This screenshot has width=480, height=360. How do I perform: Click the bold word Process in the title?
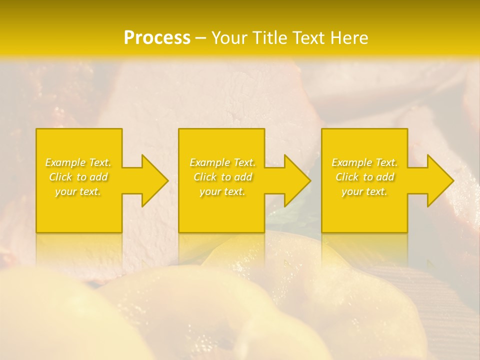click(157, 38)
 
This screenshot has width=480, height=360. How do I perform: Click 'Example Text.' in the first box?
click(78, 162)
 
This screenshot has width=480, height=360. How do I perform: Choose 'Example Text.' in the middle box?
click(222, 162)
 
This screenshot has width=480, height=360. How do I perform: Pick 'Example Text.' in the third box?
click(364, 162)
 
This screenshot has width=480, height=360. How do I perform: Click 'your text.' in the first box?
click(78, 191)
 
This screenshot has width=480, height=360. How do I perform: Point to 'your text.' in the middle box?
click(222, 191)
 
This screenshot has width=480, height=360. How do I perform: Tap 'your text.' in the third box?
click(364, 191)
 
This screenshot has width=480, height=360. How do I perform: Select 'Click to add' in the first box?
click(78, 177)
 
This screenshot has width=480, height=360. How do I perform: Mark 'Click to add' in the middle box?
click(222, 177)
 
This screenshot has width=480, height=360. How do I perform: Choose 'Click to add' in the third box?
click(364, 177)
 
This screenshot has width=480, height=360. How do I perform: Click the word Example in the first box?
click(65, 162)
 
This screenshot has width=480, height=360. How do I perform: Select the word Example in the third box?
click(351, 162)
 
